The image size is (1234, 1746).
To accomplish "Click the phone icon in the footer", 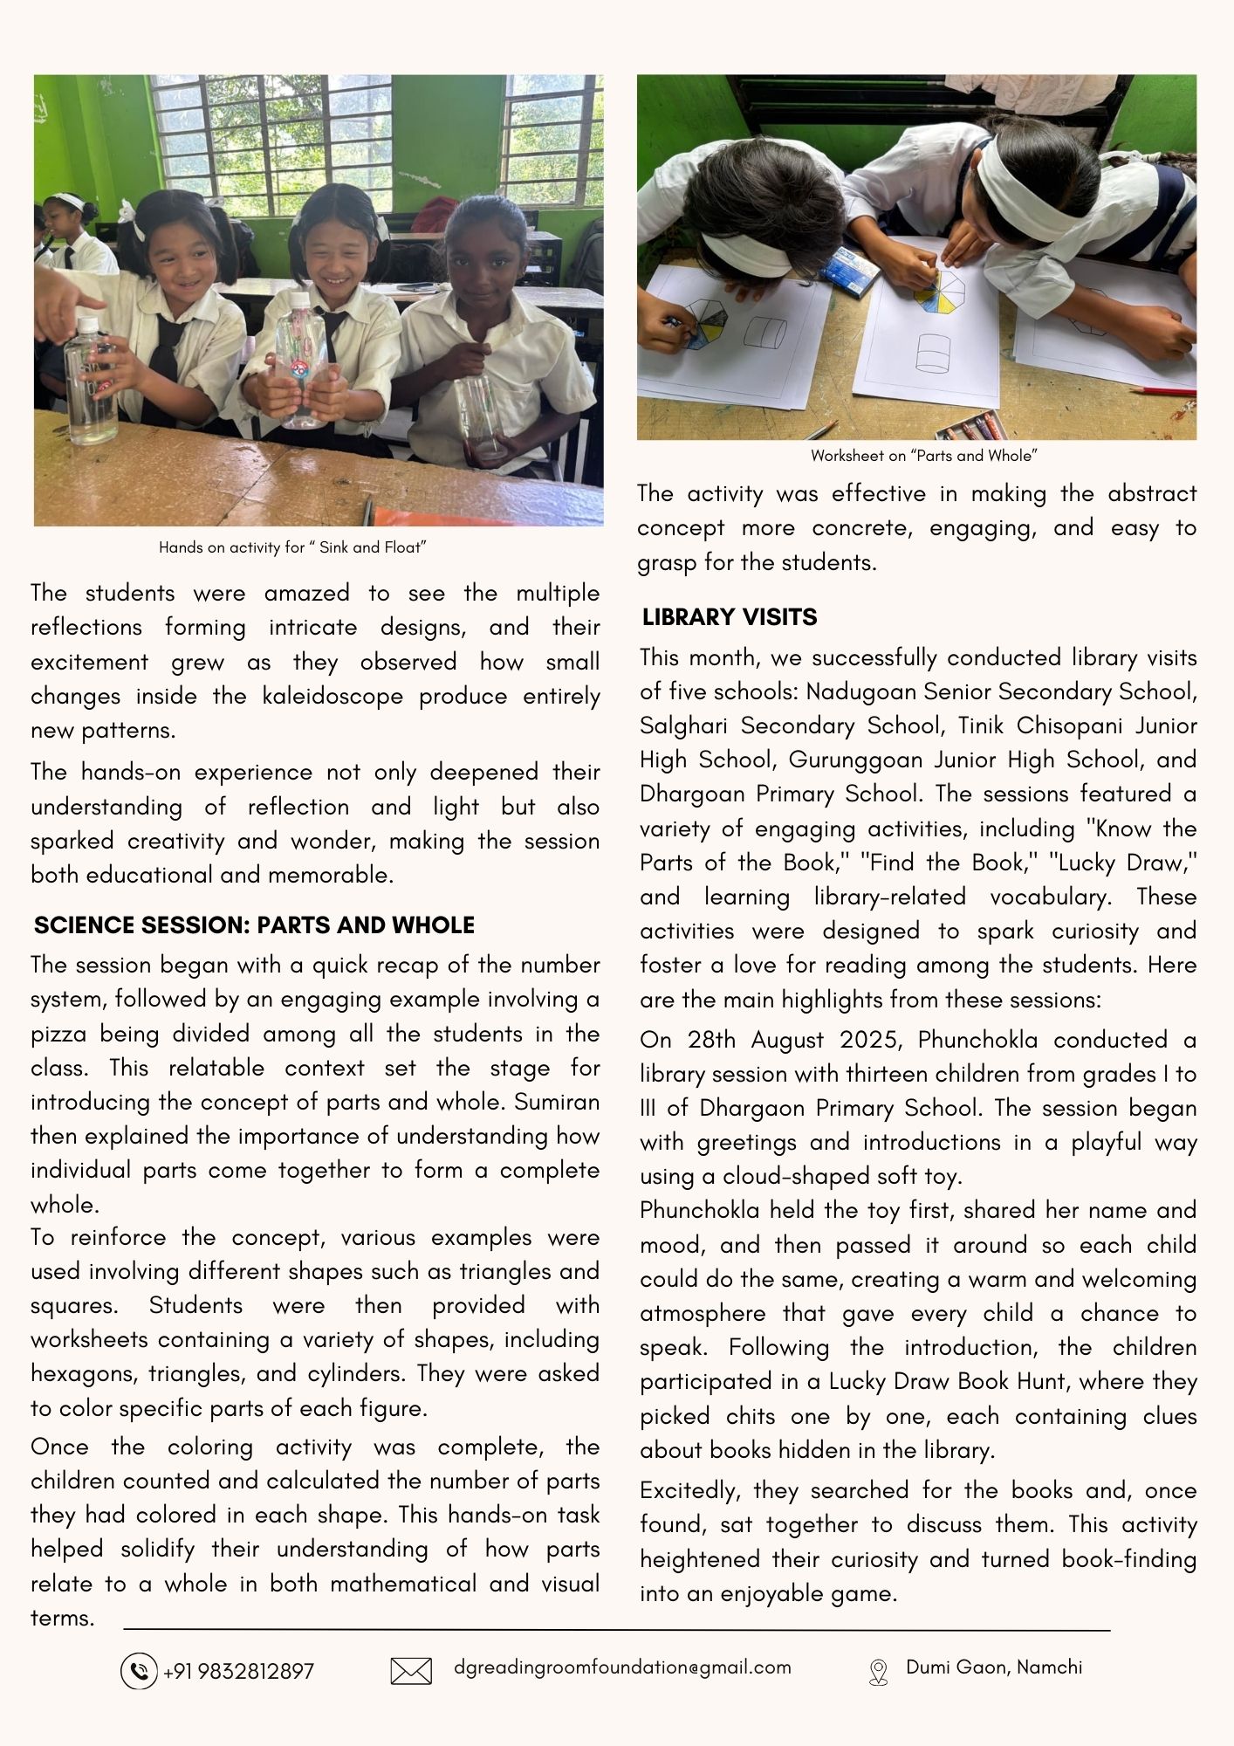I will [x=139, y=1671].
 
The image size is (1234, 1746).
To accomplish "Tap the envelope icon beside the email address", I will [x=411, y=1671].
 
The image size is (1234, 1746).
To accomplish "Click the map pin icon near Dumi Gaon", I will [x=878, y=1672].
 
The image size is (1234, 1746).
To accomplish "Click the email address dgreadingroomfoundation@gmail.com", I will [x=622, y=1667].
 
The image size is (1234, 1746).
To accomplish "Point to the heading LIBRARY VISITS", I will [x=730, y=617].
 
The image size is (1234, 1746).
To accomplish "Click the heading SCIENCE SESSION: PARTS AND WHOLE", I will [x=254, y=925].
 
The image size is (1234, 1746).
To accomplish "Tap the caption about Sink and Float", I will [x=292, y=547].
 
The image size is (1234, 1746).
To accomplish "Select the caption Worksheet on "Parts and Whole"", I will [x=923, y=456].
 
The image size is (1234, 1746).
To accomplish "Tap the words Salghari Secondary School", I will [x=792, y=726].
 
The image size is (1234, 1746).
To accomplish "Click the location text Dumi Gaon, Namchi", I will [x=994, y=1667].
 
